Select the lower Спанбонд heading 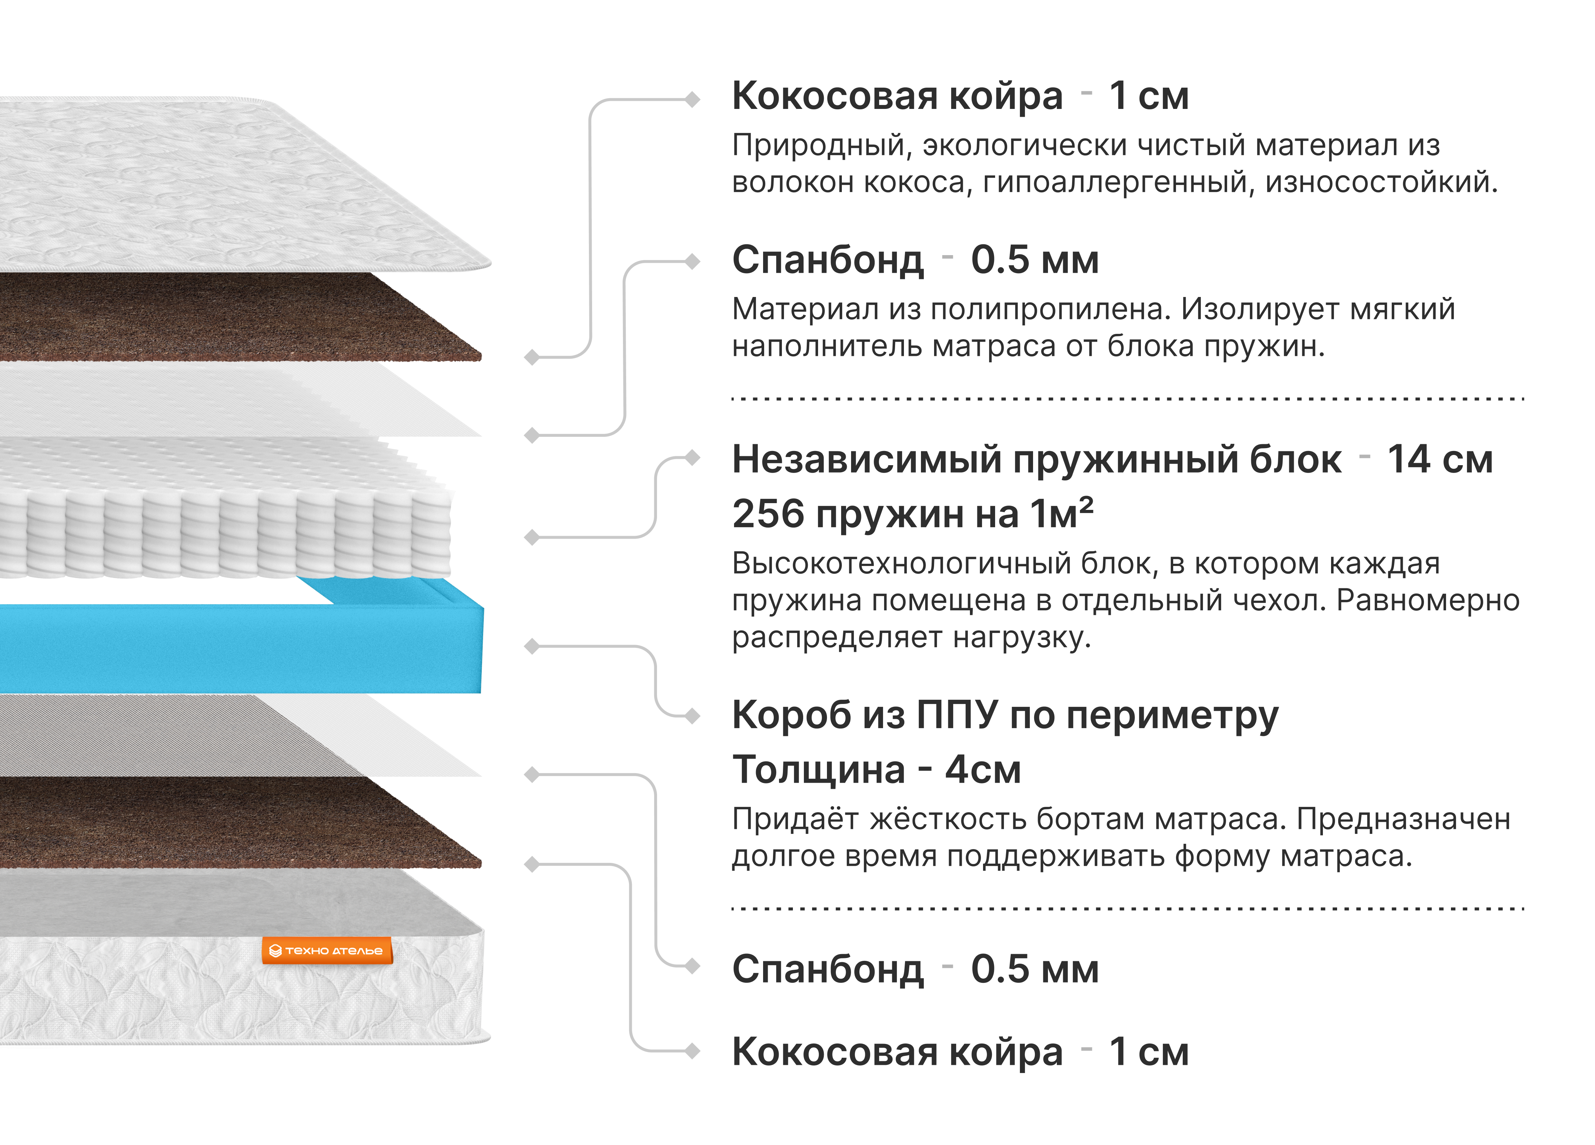[x=828, y=969]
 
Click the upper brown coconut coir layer [x=232, y=318]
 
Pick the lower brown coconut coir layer [x=232, y=821]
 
